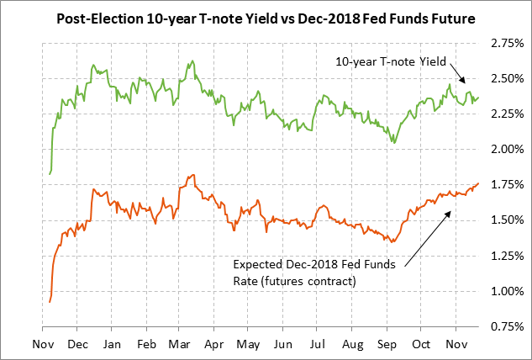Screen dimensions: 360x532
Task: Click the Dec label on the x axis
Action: tap(77, 344)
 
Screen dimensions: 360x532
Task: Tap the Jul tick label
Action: tap(318, 344)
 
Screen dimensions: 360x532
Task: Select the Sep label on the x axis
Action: tap(387, 344)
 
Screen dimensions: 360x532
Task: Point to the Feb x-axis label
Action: tap(146, 344)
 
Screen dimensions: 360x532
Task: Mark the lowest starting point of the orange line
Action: tap(50, 301)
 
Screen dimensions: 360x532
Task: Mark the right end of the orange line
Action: tap(478, 183)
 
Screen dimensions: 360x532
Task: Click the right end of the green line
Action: tap(479, 97)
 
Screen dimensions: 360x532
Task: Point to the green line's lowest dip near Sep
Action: tap(394, 142)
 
